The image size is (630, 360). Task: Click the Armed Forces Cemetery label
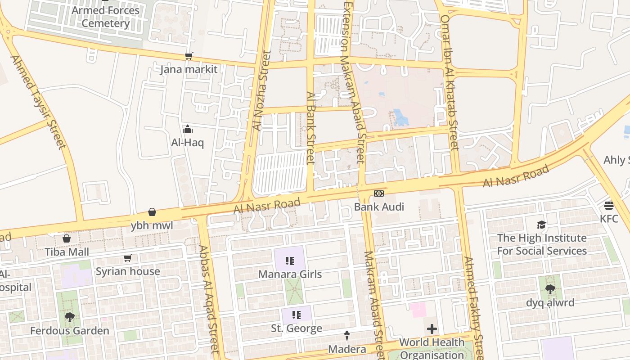click(106, 17)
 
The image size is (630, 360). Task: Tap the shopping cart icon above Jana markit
click(189, 56)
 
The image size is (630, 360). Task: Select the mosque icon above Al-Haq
click(188, 130)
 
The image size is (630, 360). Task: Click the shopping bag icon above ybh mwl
click(152, 212)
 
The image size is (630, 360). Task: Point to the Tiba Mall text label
click(67, 252)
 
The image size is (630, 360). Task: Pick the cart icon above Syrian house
click(127, 258)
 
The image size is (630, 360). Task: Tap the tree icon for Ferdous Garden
click(70, 317)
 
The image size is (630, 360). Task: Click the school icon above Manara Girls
click(290, 261)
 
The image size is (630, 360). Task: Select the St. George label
click(297, 328)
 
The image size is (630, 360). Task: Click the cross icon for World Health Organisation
click(432, 329)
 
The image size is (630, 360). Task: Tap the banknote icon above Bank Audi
click(379, 193)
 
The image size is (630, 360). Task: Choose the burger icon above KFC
click(609, 206)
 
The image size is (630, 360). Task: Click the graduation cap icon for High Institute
click(542, 225)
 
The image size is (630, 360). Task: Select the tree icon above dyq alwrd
click(550, 289)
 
